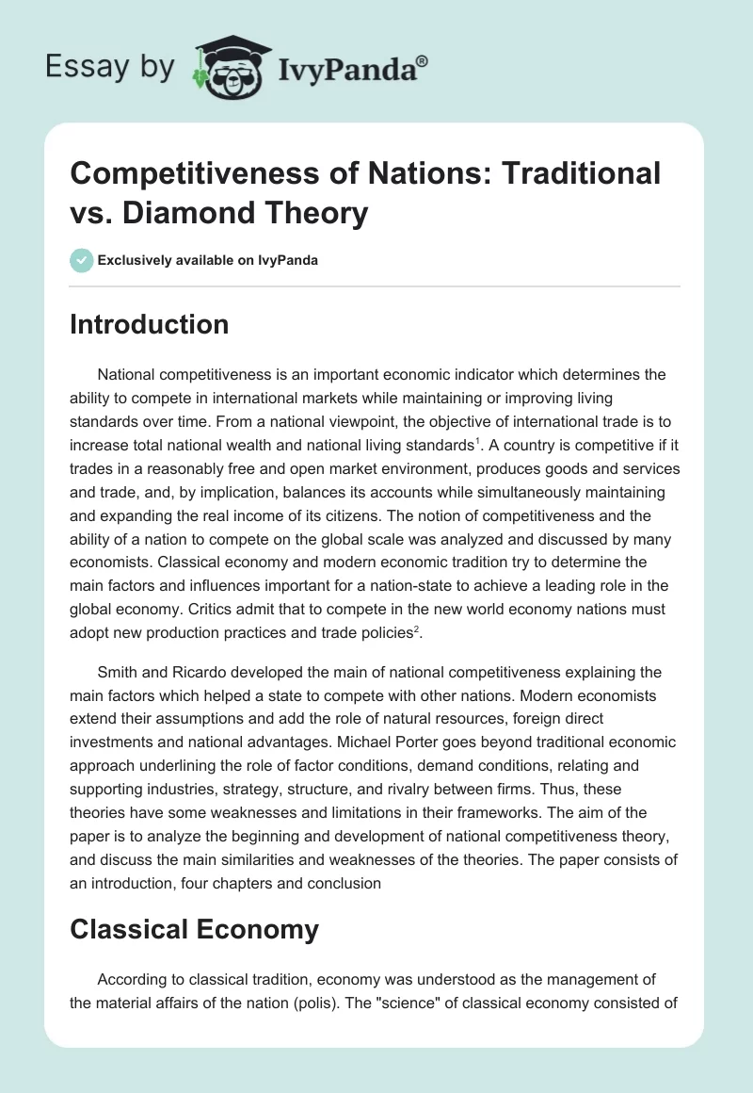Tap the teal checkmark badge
[82, 260]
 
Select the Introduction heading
[150, 324]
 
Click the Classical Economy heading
[194, 929]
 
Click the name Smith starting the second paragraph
[117, 673]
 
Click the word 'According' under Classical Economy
[132, 976]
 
